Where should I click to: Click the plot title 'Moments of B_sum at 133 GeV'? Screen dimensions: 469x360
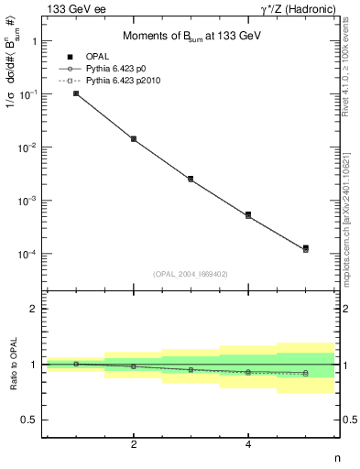pos(190,37)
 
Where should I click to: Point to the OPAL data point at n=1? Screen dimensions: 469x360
pos(76,93)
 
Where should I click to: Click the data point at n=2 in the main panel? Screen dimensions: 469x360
pos(134,139)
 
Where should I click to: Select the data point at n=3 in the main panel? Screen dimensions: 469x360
pos(191,179)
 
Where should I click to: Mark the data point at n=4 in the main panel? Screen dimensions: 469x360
pos(248,214)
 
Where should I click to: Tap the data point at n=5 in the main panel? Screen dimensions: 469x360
pos(305,248)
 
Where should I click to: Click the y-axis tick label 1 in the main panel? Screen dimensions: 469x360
pos(34,41)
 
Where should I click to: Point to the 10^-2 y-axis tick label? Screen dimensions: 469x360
pos(29,147)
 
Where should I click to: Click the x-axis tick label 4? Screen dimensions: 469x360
pos(248,444)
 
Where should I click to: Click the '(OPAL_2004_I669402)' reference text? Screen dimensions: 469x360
pos(191,273)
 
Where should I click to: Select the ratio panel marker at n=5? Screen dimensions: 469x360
pos(305,373)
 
